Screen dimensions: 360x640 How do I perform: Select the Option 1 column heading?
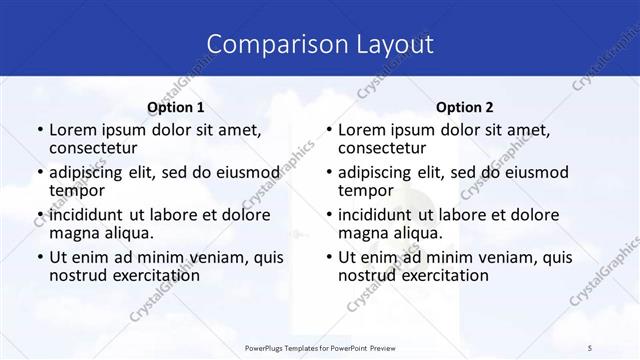[175, 107]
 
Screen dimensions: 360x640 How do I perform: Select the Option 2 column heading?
[464, 107]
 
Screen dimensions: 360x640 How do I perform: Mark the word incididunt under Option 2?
[382, 214]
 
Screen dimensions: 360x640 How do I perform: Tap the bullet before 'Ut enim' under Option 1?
[38, 256]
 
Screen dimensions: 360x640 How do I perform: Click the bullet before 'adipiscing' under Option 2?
[327, 172]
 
